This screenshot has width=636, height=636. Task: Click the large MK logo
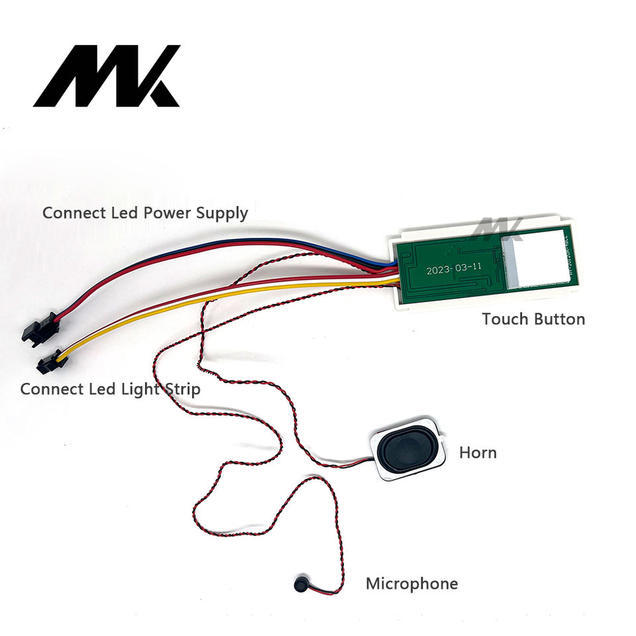pyautogui.click(x=106, y=76)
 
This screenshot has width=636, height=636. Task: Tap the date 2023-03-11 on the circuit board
pyautogui.click(x=454, y=270)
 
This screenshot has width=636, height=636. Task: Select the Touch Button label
pyautogui.click(x=533, y=319)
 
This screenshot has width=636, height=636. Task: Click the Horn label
pyautogui.click(x=478, y=453)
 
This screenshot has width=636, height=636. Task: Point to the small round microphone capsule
pyautogui.click(x=299, y=584)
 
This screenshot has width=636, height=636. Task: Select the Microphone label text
pyautogui.click(x=411, y=584)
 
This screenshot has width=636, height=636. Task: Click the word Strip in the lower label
pyautogui.click(x=180, y=389)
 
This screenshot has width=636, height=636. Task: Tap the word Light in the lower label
pyautogui.click(x=137, y=389)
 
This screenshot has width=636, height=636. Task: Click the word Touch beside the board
pyautogui.click(x=503, y=319)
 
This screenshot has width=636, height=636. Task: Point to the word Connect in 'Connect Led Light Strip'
pyautogui.click(x=50, y=389)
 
